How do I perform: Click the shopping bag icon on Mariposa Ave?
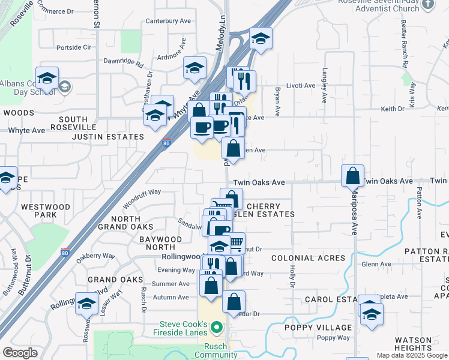coord(353,176)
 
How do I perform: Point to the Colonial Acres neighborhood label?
coord(309,258)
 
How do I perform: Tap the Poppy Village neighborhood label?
coord(327,327)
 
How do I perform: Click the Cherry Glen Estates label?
coord(267,210)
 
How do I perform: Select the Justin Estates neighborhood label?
coord(108,137)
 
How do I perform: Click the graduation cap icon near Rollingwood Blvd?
coord(86,304)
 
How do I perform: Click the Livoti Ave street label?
coord(300,86)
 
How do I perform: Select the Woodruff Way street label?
coord(142,192)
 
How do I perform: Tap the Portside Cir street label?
coord(73,47)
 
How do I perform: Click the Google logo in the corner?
coord(20,353)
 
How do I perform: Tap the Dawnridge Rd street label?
coord(123,62)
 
